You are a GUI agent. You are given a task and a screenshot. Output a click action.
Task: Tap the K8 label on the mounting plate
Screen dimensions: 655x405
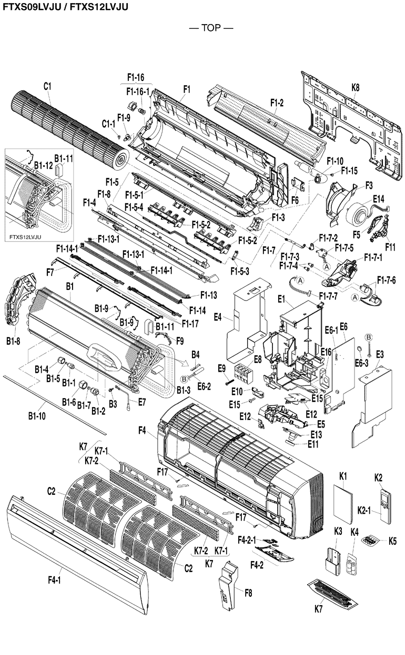tap(355, 88)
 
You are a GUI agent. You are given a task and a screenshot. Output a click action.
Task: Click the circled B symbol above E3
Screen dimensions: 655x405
tap(369, 337)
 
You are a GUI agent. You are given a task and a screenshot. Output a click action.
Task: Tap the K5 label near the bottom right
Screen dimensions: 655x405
tap(393, 540)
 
